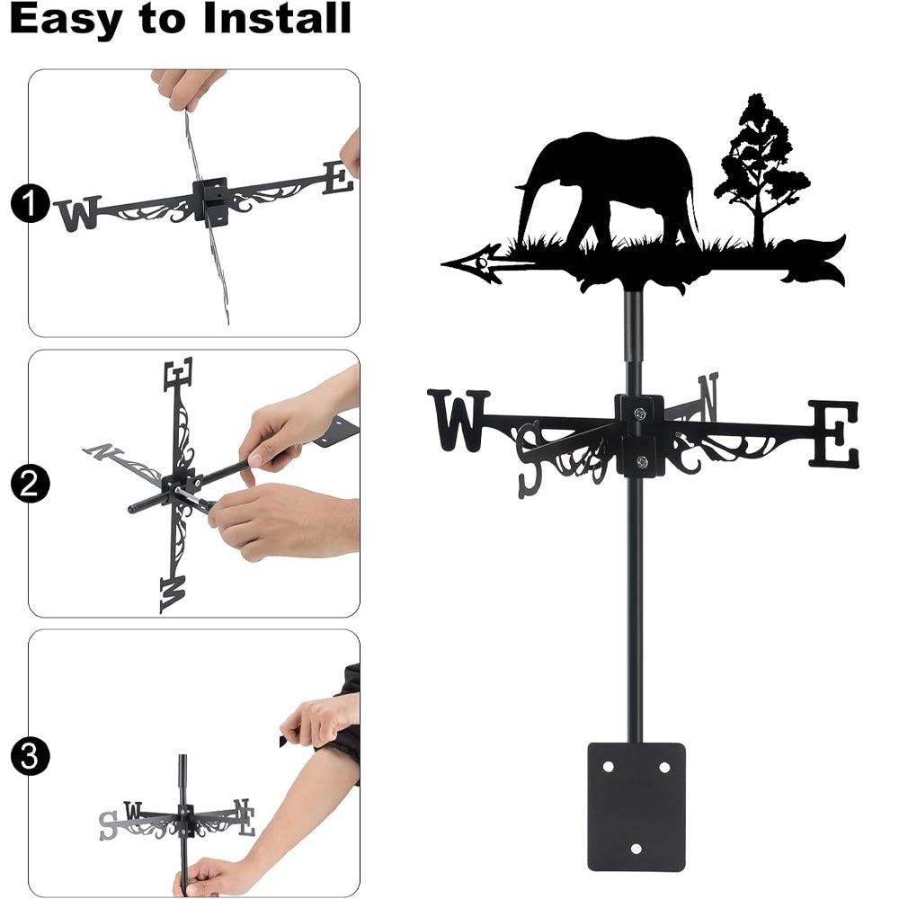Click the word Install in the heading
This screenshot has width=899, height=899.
[277, 18]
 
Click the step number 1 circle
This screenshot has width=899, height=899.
[30, 203]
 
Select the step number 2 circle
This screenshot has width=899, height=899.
[30, 484]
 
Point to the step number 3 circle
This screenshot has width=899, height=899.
[30, 756]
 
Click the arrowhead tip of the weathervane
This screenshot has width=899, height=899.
[441, 263]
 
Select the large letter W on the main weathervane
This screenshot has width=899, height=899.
[458, 420]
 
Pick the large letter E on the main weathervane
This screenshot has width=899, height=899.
[835, 433]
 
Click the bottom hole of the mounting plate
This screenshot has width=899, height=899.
[636, 849]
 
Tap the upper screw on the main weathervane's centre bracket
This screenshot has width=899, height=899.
[639, 413]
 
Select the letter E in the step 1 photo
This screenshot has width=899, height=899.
[338, 178]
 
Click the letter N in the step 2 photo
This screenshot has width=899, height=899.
[102, 452]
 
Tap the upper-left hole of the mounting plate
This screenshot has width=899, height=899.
[609, 767]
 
